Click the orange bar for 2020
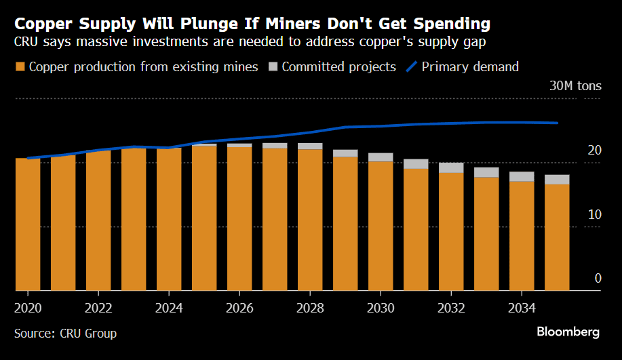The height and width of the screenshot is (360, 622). point(28,224)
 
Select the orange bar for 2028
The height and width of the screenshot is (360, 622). point(310,220)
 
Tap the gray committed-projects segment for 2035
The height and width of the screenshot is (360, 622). point(557,180)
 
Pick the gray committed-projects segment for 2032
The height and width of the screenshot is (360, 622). point(451,168)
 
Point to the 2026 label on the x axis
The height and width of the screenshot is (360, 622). point(239,308)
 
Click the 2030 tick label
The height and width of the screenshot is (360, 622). point(381,308)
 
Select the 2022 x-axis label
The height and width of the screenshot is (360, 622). point(98,308)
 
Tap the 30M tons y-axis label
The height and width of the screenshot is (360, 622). point(575,86)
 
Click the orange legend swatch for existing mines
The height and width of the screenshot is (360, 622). point(20,67)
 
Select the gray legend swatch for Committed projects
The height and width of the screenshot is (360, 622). point(273,67)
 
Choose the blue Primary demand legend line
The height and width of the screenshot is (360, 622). point(411,67)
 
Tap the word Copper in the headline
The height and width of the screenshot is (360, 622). point(44,24)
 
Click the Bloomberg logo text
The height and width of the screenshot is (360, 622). point(568,332)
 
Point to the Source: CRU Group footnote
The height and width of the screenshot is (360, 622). point(65,334)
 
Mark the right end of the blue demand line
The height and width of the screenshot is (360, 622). point(557,123)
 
